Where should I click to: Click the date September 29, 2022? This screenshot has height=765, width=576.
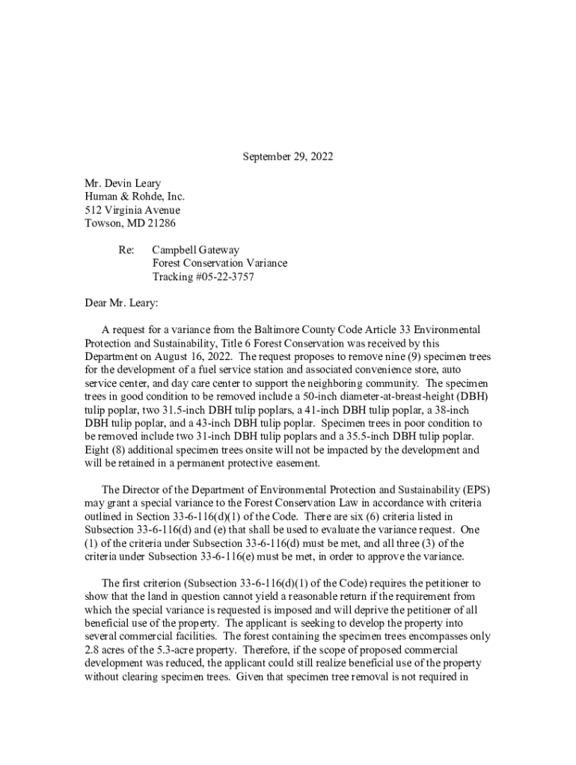pyautogui.click(x=287, y=157)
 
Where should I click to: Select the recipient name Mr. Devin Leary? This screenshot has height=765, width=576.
pyautogui.click(x=122, y=184)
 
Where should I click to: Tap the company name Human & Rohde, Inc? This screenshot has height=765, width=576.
pyautogui.click(x=134, y=197)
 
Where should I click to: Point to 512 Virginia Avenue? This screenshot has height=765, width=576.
pyautogui.click(x=132, y=211)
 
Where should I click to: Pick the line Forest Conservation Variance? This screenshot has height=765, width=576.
pyautogui.click(x=219, y=264)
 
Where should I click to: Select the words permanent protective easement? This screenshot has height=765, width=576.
pyautogui.click(x=254, y=464)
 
